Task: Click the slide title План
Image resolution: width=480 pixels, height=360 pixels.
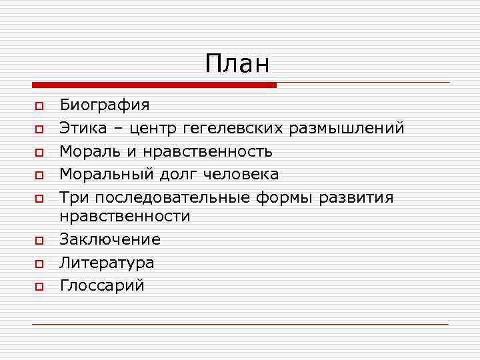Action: tap(237, 64)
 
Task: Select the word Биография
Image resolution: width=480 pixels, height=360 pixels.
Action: tap(105, 105)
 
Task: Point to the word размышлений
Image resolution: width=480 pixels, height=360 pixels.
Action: tap(356, 128)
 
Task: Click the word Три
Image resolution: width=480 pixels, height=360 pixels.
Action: tap(72, 198)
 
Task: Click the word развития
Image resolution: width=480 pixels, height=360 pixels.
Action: tap(357, 198)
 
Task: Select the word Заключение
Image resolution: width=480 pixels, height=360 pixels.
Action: tap(110, 239)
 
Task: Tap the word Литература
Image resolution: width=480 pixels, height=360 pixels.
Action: tap(107, 263)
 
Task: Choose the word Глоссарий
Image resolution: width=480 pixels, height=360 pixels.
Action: tap(102, 286)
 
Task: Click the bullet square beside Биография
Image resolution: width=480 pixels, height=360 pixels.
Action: tap(39, 106)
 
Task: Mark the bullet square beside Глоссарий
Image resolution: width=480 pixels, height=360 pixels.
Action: tap(39, 287)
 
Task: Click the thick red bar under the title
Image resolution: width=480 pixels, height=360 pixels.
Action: tap(154, 85)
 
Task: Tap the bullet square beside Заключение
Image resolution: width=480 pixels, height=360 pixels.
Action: tap(39, 241)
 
